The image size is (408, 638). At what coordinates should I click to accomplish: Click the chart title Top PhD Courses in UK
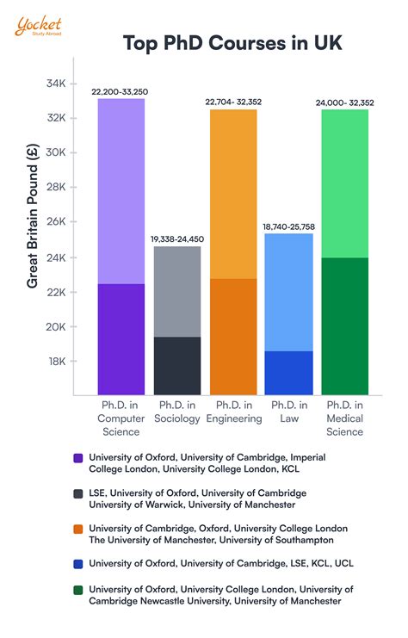[x=232, y=43]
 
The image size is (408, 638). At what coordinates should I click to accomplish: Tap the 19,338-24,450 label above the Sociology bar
[x=176, y=238]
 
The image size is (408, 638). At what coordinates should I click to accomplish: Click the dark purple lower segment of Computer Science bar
[x=121, y=338]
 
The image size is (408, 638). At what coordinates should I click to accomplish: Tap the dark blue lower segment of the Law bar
[x=288, y=372]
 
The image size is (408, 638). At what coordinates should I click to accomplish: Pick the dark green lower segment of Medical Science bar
[x=344, y=325]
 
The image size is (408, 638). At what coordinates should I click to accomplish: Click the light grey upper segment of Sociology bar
[x=176, y=291]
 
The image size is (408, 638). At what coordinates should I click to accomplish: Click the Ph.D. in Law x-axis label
[x=288, y=412]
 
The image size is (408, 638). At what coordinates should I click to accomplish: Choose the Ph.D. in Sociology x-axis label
[x=176, y=412]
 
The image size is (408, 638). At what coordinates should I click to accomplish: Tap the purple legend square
[x=78, y=459]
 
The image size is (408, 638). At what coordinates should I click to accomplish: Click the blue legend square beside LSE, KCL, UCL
[x=78, y=565]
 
